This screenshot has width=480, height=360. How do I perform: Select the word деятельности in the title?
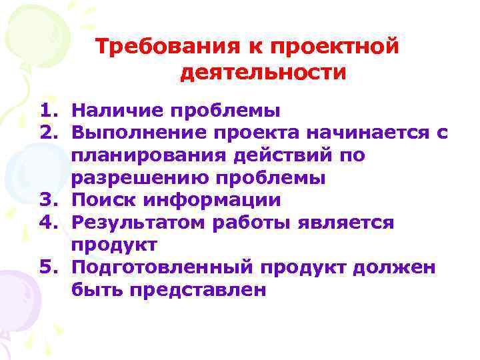263,71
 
